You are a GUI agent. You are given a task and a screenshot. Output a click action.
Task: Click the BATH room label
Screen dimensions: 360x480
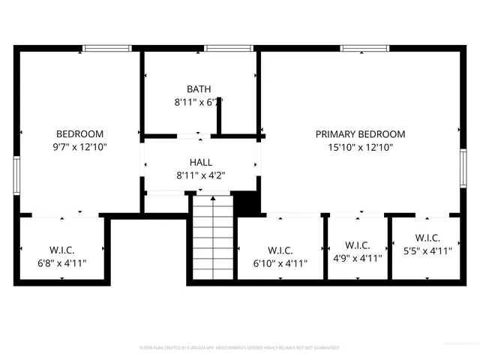[x=199, y=89]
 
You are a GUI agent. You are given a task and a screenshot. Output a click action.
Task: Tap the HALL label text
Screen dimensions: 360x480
[x=200, y=162]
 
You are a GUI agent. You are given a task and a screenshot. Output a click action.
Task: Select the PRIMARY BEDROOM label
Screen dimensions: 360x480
[x=360, y=134]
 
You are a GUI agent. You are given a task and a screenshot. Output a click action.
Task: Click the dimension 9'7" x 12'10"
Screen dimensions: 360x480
[x=79, y=148]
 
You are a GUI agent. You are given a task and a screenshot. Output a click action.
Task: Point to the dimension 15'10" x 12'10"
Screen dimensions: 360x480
[x=360, y=148]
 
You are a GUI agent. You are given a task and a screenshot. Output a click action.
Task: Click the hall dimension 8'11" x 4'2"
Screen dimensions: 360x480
[x=200, y=175]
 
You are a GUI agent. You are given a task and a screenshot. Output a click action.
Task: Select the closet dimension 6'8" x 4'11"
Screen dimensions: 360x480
[x=62, y=263]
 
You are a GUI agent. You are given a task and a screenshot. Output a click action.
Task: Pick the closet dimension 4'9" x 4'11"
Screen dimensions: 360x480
[x=357, y=258]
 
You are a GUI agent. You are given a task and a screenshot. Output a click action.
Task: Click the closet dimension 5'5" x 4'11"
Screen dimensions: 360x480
[x=427, y=252]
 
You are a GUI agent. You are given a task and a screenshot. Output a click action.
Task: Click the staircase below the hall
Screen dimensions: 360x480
[x=212, y=236]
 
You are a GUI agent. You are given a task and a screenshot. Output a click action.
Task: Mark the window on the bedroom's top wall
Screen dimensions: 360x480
[x=107, y=49]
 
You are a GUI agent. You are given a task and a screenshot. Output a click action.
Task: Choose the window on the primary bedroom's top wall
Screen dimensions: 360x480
[x=360, y=49]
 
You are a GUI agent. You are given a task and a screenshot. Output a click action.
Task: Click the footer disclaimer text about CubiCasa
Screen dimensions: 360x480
[x=240, y=348]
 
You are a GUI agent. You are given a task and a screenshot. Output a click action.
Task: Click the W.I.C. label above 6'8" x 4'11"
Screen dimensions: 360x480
[x=62, y=250]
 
